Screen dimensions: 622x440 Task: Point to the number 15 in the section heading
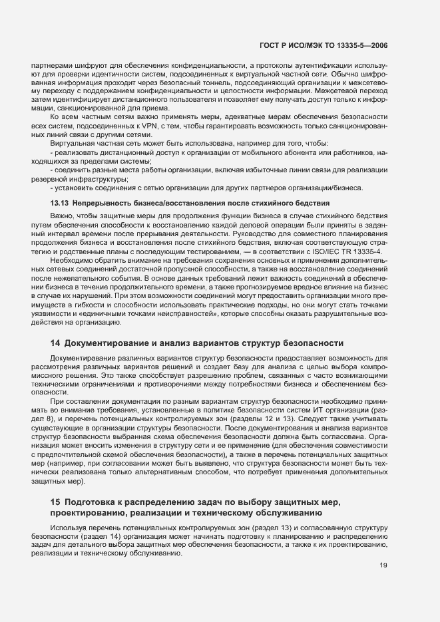tap(56, 501)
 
